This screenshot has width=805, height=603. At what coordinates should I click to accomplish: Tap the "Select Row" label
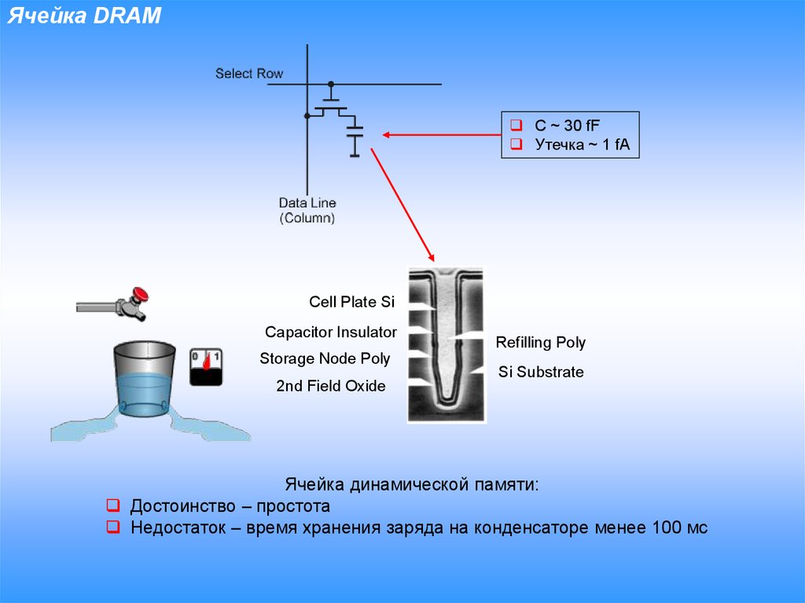pyautogui.click(x=249, y=73)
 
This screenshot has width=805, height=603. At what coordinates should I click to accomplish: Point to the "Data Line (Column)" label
pyautogui.click(x=307, y=211)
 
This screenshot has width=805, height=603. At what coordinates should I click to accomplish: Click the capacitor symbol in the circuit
pyautogui.click(x=355, y=135)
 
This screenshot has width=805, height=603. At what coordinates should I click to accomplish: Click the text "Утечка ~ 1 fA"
pyautogui.click(x=582, y=145)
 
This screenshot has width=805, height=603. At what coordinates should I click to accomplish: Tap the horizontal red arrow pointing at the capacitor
pyautogui.click(x=440, y=135)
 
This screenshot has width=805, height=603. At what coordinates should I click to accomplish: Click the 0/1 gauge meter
pyautogui.click(x=206, y=366)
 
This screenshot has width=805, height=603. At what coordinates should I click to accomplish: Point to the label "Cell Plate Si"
pyautogui.click(x=351, y=302)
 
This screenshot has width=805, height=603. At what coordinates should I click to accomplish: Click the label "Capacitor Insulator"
pyautogui.click(x=330, y=333)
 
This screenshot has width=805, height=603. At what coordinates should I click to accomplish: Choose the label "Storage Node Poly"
pyautogui.click(x=325, y=359)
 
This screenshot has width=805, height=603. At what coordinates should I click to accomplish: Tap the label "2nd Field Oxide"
pyautogui.click(x=330, y=386)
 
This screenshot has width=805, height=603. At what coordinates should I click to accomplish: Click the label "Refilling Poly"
pyautogui.click(x=540, y=343)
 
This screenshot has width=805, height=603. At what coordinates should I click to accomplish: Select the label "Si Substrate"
pyautogui.click(x=541, y=372)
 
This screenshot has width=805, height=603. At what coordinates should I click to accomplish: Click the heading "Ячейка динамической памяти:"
pyautogui.click(x=412, y=484)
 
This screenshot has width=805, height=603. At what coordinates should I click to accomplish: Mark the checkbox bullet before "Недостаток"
pyautogui.click(x=113, y=528)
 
